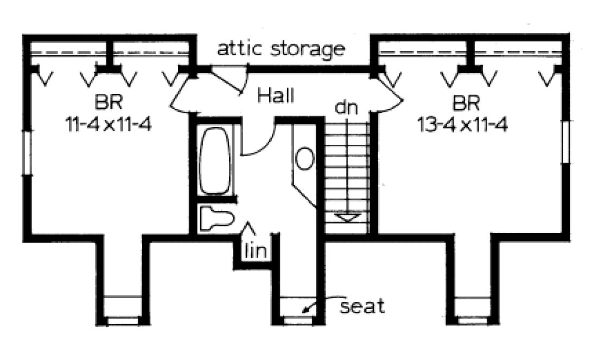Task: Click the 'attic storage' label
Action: coord(281,49)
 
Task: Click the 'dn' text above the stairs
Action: coord(346,107)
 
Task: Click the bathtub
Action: coord(215,159)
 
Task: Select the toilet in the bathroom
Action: coord(216,219)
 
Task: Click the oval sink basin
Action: coord(304,158)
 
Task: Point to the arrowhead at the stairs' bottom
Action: coord(346,217)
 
